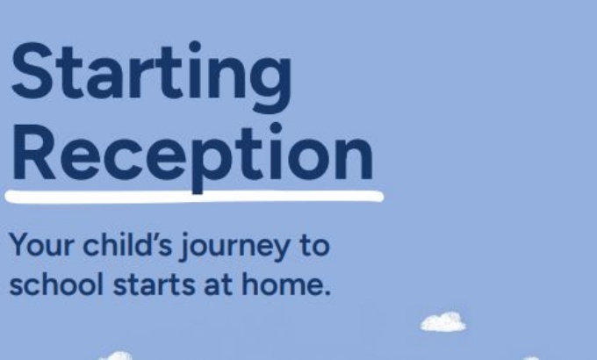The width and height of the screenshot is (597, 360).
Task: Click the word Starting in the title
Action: pyautogui.click(x=152, y=76)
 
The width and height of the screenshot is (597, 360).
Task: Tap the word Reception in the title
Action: pyautogui.click(x=192, y=157)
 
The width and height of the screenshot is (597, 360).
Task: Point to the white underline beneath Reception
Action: pyautogui.click(x=194, y=197)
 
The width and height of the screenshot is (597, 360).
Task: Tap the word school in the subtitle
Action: pyautogui.click(x=56, y=284)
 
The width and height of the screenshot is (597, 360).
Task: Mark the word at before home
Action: pyautogui.click(x=219, y=285)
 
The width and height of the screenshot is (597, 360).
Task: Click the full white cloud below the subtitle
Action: pyautogui.click(x=443, y=322)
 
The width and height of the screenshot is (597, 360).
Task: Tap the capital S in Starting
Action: pyautogui.click(x=32, y=70)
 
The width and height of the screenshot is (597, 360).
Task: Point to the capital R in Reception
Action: pyautogui.click(x=34, y=152)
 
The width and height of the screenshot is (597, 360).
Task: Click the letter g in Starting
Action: pyautogui.click(x=271, y=84)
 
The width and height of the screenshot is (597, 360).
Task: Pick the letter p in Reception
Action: pyautogui.click(x=212, y=165)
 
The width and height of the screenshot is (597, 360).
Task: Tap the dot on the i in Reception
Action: pyautogui.click(x=276, y=128)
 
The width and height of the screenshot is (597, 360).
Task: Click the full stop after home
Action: pyautogui.click(x=327, y=292)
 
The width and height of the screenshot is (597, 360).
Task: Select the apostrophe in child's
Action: pyautogui.click(x=155, y=237)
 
